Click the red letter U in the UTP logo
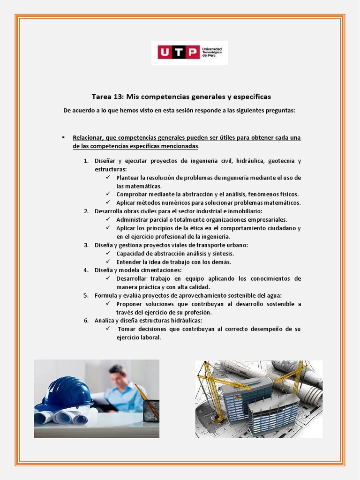pyautogui.click(x=164, y=52)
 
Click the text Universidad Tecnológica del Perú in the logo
pyautogui.click(x=211, y=52)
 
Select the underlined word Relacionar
pyautogui.click(x=88, y=138)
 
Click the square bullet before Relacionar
pyautogui.click(x=63, y=137)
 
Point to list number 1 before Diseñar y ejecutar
pyautogui.click(x=86, y=161)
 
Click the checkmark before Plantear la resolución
pyautogui.click(x=107, y=178)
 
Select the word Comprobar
pyautogui.click(x=132, y=194)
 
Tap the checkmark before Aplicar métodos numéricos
pyautogui.click(x=107, y=202)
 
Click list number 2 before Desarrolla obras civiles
pyautogui.click(x=86, y=211)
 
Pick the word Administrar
pyautogui.click(x=134, y=219)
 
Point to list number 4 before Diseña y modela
pyautogui.click(x=86, y=270)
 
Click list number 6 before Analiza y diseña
pyautogui.click(x=86, y=321)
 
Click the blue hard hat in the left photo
pyautogui.click(x=66, y=392)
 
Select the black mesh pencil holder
pyautogui.click(x=150, y=411)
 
